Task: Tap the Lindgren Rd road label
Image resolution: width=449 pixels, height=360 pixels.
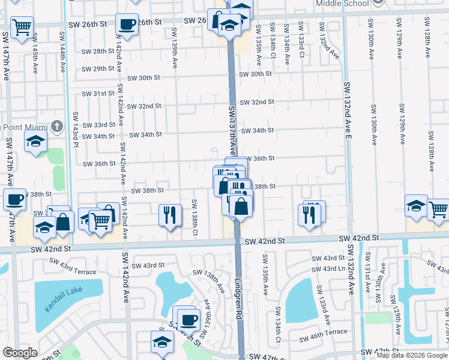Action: pos(238,297)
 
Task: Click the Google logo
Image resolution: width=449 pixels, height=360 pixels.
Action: pos(20,353)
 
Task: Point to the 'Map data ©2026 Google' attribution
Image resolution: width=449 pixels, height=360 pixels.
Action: pos(412,355)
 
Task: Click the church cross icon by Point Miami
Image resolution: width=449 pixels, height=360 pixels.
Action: pos(56,127)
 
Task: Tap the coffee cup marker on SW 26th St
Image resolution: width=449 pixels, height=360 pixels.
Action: pos(127,25)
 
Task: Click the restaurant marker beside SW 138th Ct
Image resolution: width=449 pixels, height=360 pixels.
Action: pos(170,214)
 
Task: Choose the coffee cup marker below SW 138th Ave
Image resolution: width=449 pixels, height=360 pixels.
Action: pos(188,319)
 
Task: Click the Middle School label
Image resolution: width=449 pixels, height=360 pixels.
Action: pos(348,4)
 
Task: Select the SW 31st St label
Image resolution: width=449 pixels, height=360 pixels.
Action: pos(98,94)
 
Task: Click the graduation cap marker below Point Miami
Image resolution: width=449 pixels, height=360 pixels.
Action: pos(35,142)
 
